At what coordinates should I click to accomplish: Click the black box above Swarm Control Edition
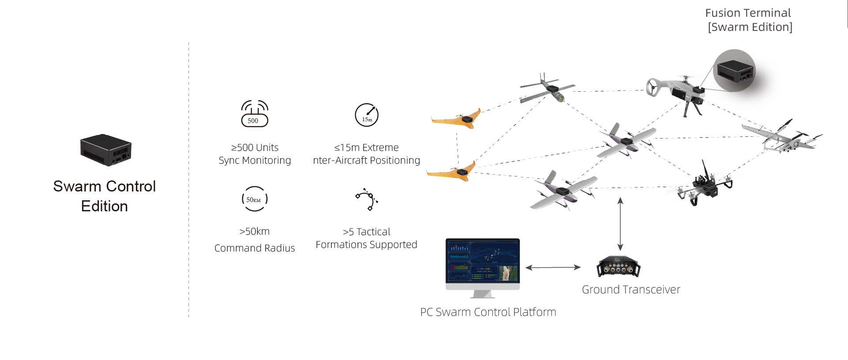click(106, 150)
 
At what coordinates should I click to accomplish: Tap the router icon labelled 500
click(254, 114)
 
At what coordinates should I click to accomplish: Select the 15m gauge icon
click(367, 115)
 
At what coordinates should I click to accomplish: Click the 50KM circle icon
click(255, 199)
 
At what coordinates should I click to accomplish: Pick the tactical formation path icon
click(367, 199)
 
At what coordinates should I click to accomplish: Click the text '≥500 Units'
click(255, 147)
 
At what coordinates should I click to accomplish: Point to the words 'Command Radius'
click(255, 248)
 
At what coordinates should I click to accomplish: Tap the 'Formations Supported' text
click(366, 244)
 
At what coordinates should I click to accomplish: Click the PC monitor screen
click(482, 261)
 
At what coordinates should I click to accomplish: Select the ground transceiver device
click(618, 266)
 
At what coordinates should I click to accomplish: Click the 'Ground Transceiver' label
click(631, 289)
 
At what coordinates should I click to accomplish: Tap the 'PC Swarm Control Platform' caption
click(488, 312)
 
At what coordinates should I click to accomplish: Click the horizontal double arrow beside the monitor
click(553, 267)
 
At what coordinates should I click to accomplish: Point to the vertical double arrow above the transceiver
click(620, 224)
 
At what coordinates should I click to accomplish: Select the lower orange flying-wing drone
click(452, 172)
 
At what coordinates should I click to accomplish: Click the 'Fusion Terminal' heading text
click(748, 13)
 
